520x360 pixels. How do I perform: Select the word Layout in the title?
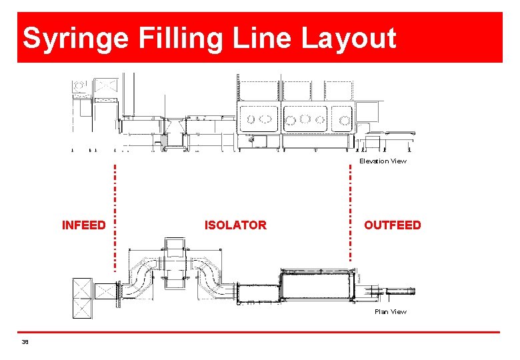pos(349,38)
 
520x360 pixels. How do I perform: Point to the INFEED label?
pos(83,225)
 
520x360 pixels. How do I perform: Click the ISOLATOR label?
pos(235,225)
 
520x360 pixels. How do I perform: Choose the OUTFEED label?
pos(393,225)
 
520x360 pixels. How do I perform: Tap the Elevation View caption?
pos(383,161)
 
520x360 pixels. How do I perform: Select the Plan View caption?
pos(390,312)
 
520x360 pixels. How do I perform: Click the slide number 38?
pos(25,342)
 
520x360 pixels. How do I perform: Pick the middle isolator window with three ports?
pos(305,119)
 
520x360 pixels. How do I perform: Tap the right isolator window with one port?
pos(341,119)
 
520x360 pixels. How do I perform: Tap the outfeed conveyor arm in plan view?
pos(397,291)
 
